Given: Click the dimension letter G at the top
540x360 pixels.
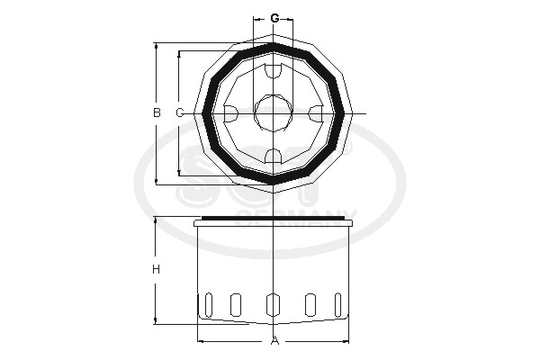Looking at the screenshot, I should pos(274,17).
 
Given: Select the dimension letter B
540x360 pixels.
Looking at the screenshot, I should pos(157,112).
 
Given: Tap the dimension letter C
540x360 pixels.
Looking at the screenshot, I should pos(179,112).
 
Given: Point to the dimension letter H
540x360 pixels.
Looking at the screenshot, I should pos(157,270).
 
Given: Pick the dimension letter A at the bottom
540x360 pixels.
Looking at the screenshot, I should pos(275,341).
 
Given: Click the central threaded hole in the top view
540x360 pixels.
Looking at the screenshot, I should pos(274,112).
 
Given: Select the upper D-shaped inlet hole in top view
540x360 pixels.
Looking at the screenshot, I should pos(274,71).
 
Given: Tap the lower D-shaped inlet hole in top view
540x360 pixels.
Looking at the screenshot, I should pos(274,156).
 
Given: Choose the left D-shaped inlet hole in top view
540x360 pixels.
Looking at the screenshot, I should pos(230,113).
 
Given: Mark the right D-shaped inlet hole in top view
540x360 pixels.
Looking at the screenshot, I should pos(316,113).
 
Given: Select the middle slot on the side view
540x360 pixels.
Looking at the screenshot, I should pos(274,305).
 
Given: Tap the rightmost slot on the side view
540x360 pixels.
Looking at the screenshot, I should pos(339,305).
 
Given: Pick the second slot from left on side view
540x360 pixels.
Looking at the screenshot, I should pos(236,305).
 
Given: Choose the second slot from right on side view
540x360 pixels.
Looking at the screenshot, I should pos(311,305).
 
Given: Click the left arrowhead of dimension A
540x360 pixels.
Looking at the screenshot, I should pos(201,341).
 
